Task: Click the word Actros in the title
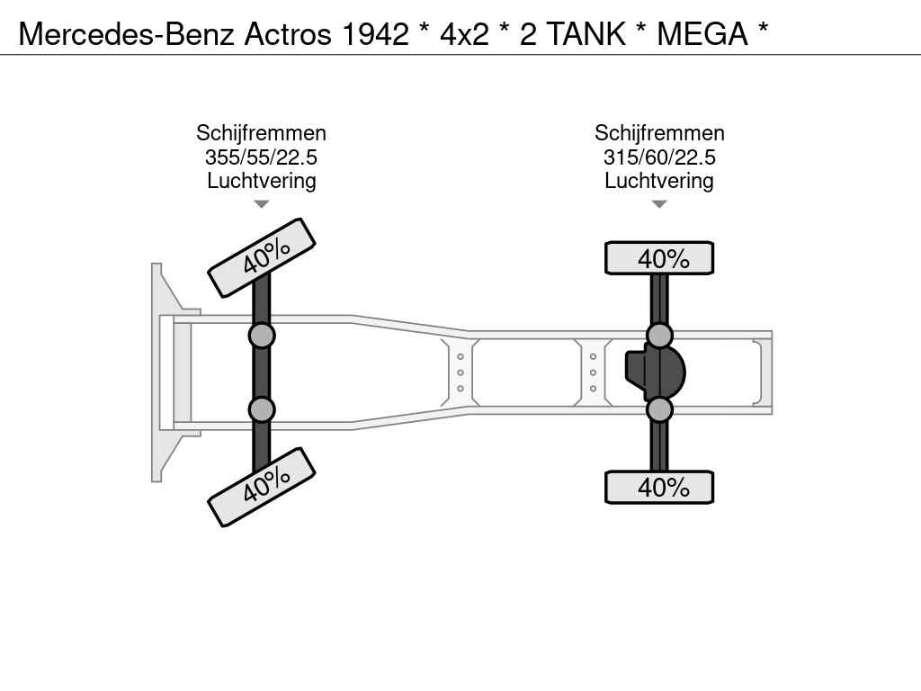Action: pyautogui.click(x=288, y=34)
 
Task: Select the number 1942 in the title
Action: pyautogui.click(x=375, y=34)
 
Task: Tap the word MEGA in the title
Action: pyautogui.click(x=702, y=34)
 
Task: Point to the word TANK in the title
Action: pyautogui.click(x=586, y=34)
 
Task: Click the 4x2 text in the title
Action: pyautogui.click(x=464, y=34)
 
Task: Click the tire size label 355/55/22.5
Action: pyautogui.click(x=262, y=157)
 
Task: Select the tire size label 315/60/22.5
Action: pyautogui.click(x=659, y=157)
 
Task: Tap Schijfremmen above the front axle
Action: pyautogui.click(x=262, y=133)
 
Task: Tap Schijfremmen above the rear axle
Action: pyautogui.click(x=659, y=133)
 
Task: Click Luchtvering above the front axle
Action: pyautogui.click(x=262, y=181)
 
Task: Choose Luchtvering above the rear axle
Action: pyautogui.click(x=659, y=181)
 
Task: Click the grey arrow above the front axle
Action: pyautogui.click(x=262, y=204)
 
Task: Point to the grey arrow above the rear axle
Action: pyautogui.click(x=659, y=204)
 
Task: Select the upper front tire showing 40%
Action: pyautogui.click(x=262, y=258)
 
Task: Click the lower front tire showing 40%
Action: pyautogui.click(x=262, y=487)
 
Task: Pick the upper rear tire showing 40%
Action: pyautogui.click(x=659, y=258)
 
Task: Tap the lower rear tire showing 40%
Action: pyautogui.click(x=659, y=487)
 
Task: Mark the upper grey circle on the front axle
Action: pyautogui.click(x=262, y=337)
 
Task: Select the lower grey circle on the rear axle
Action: pyautogui.click(x=659, y=409)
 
